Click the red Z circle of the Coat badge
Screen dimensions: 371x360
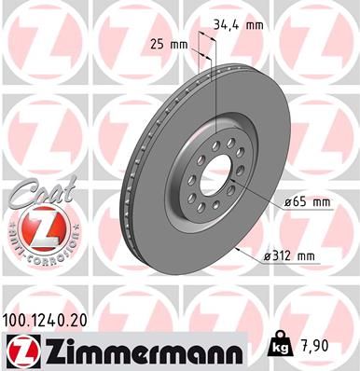pos(34,227)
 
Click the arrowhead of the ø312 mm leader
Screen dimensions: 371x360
pos(242,250)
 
